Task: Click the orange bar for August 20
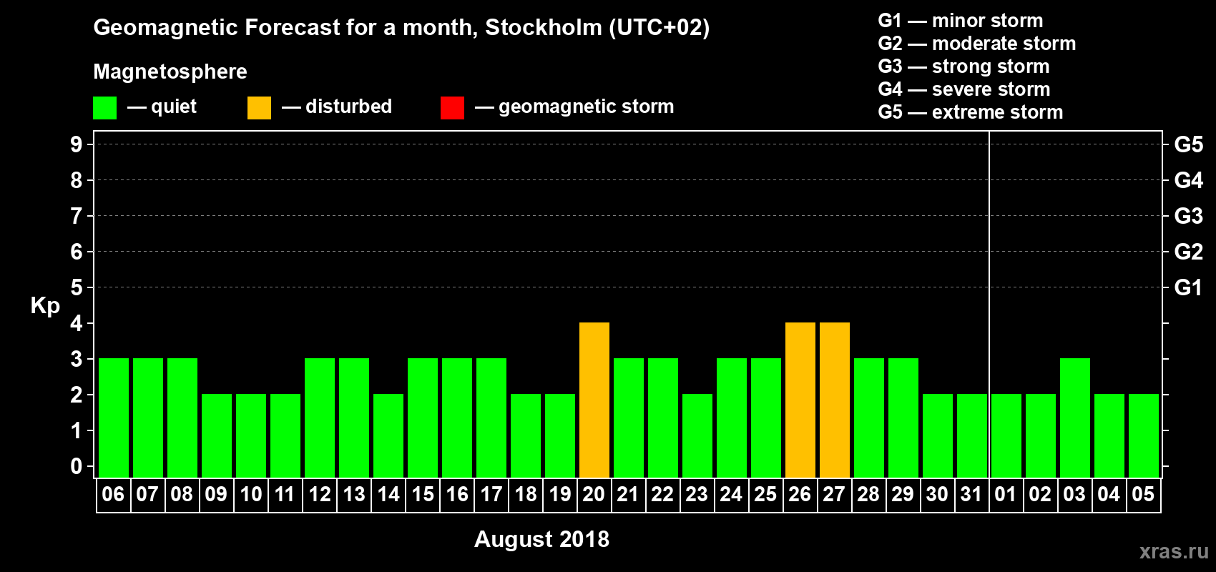(x=594, y=400)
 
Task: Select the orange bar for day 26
(x=800, y=400)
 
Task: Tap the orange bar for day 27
(x=835, y=400)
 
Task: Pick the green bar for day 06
(x=114, y=418)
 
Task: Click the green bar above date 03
(x=1075, y=418)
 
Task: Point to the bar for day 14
(x=388, y=435)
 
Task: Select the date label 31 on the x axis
(x=971, y=495)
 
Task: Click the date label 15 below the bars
(x=423, y=495)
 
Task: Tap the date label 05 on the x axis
(x=1143, y=495)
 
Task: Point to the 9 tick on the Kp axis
(x=77, y=144)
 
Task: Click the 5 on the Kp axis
(x=77, y=287)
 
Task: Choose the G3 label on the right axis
(x=1188, y=216)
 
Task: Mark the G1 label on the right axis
(x=1188, y=287)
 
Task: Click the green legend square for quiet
(x=105, y=108)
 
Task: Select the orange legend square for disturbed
(x=259, y=108)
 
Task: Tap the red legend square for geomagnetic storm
(x=452, y=108)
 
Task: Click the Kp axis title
(x=45, y=306)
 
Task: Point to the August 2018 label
(x=541, y=539)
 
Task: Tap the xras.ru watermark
(x=1174, y=551)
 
